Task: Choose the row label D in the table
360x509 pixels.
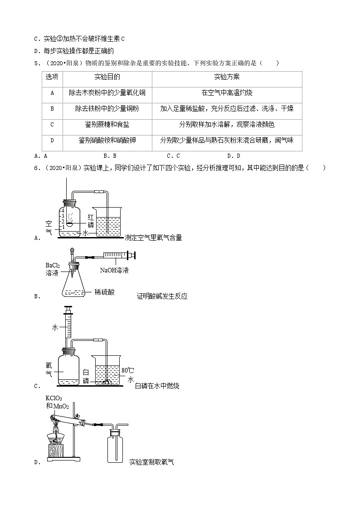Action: [x=52, y=141]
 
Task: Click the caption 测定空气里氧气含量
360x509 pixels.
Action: [x=153, y=238]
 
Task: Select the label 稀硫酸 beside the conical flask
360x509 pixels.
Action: [x=105, y=292]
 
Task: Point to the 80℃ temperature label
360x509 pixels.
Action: [x=128, y=371]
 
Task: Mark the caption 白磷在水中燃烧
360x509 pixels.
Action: [x=157, y=386]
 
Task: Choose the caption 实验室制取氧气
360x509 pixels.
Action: [x=151, y=462]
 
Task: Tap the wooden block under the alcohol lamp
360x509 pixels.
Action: [x=55, y=451]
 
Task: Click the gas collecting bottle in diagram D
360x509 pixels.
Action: [x=116, y=446]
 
